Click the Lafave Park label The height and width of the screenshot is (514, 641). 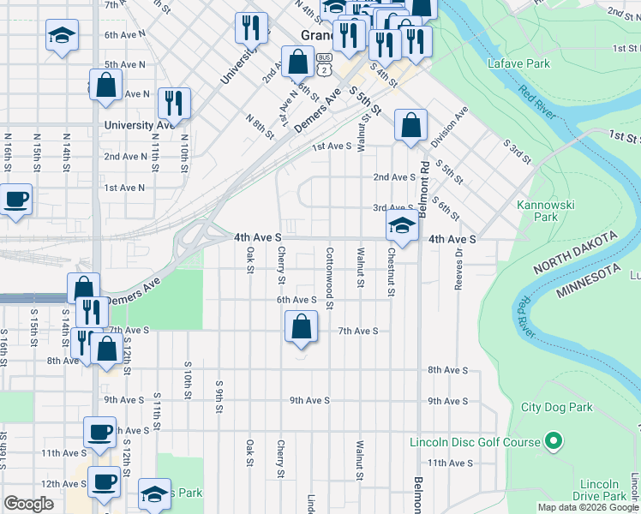click(518, 64)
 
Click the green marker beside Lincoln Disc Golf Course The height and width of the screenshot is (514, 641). click(554, 442)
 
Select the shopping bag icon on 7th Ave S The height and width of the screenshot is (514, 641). click(301, 327)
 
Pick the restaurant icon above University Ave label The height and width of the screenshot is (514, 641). click(174, 103)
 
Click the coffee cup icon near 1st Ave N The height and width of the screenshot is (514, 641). click(16, 200)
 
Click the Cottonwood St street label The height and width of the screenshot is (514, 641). click(330, 268)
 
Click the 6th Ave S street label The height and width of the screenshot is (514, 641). click(297, 300)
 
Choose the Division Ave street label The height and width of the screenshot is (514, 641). click(449, 125)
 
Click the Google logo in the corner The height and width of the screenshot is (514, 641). click(29, 504)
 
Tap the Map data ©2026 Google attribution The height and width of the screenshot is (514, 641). click(587, 507)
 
